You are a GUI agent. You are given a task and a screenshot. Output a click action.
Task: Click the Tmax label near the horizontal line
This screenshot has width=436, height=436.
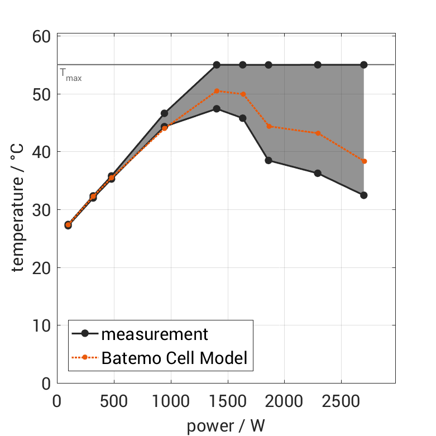(x=71, y=74)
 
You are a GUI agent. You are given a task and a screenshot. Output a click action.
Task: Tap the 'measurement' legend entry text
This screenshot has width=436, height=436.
(x=155, y=334)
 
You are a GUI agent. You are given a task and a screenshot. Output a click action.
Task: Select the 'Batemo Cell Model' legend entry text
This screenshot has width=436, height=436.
(x=174, y=358)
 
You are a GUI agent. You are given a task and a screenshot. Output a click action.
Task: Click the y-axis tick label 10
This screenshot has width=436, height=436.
(x=40, y=325)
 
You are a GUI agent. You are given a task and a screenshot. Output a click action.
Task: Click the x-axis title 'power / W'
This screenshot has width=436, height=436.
(x=226, y=425)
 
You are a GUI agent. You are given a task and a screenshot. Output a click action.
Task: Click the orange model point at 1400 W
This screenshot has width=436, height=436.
(x=217, y=91)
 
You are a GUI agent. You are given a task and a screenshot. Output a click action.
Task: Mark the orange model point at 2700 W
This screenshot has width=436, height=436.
(x=364, y=161)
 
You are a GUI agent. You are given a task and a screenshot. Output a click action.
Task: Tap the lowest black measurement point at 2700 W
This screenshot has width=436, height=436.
(x=364, y=195)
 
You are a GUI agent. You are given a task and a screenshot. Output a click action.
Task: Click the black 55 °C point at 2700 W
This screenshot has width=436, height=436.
(x=364, y=65)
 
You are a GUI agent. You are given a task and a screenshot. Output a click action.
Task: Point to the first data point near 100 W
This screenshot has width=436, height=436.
(x=68, y=225)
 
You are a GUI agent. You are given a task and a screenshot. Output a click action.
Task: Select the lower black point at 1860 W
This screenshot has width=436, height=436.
(x=269, y=160)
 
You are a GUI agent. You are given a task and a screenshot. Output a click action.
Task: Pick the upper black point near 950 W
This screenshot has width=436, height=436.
(x=164, y=113)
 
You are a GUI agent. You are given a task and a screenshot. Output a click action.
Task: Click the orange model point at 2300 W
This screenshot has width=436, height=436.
(x=318, y=133)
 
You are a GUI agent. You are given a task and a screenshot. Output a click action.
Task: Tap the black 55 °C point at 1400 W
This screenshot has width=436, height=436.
(x=217, y=65)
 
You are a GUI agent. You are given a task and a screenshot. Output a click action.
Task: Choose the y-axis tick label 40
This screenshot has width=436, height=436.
(x=40, y=152)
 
